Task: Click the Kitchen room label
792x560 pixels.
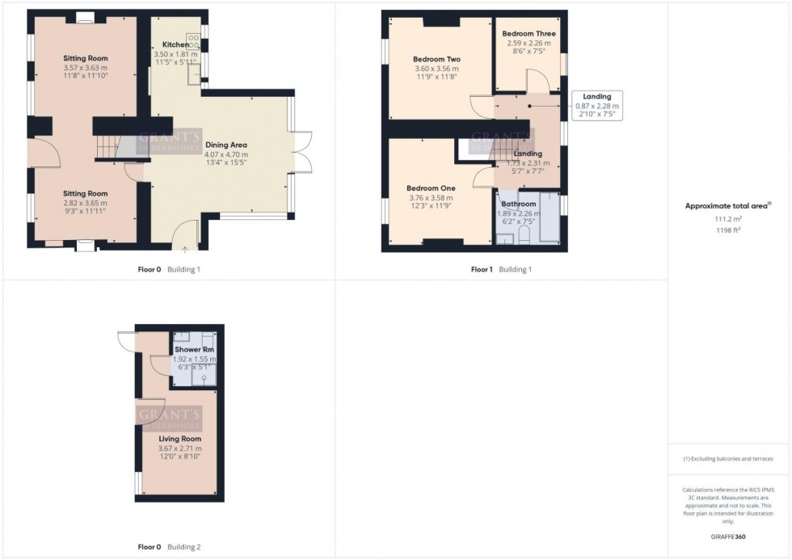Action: (x=175, y=44)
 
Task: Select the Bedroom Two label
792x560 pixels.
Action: (x=436, y=60)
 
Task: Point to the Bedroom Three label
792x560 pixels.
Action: (x=529, y=34)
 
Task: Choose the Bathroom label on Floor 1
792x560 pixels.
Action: (x=517, y=204)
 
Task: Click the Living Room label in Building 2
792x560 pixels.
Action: (x=179, y=439)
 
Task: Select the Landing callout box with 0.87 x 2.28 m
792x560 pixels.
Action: (x=596, y=106)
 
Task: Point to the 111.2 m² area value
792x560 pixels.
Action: (x=727, y=218)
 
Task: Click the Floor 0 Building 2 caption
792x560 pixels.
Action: (x=169, y=547)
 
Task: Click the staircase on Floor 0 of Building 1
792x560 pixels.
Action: (x=107, y=147)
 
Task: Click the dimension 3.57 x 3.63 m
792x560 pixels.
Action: (x=86, y=68)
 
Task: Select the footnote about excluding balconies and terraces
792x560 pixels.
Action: (x=728, y=459)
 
